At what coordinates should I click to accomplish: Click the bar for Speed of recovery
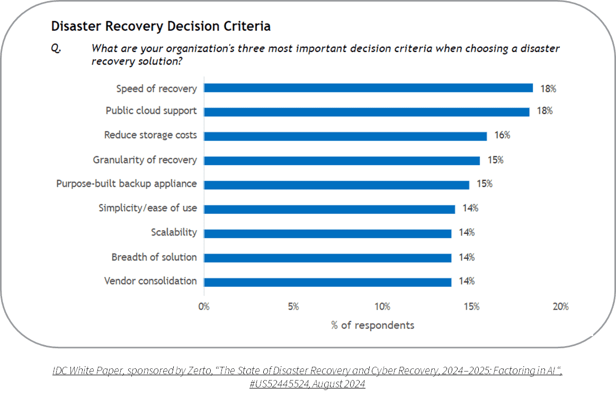pos(368,88)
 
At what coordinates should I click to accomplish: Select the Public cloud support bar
pos(367,112)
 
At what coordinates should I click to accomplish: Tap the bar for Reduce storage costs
pos(345,136)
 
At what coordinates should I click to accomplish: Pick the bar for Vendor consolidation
pos(327,282)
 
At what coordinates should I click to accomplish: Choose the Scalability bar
pos(327,233)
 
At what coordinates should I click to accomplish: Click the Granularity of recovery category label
pos(145,160)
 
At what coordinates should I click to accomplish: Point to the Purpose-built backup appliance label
pos(127,184)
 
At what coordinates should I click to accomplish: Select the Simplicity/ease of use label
pos(148,208)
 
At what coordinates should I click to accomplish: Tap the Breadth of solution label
pos(154,257)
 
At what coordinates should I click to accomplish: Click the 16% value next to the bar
pos(502,135)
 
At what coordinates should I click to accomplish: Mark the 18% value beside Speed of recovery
pos(548,88)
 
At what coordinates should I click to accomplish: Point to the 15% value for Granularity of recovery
pos(495,160)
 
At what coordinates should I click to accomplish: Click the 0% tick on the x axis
pos(204,306)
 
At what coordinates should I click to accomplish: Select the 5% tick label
pos(293,306)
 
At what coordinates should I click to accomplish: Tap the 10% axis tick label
pos(382,306)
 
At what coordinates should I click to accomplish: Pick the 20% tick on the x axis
pos(561,306)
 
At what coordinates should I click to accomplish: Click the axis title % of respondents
pos(373,325)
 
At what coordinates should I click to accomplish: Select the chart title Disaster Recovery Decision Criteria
pos(161,26)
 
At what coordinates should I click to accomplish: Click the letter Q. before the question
pos(56,48)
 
